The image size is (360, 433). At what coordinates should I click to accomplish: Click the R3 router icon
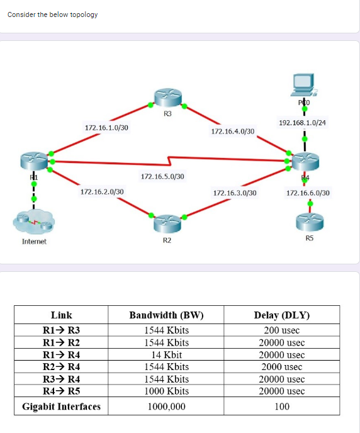coord(167,98)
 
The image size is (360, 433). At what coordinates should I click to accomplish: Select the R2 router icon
coord(167,221)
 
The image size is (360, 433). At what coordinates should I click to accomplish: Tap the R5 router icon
coord(309,221)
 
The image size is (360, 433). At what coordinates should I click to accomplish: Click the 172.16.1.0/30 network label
coord(106,128)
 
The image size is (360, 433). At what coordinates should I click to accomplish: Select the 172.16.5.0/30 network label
coord(162,176)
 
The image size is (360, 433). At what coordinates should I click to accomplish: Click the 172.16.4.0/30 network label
coord(233,132)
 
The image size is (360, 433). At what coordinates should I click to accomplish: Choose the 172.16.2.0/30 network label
coord(102,191)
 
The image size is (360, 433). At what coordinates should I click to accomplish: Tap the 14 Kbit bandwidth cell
coord(166,355)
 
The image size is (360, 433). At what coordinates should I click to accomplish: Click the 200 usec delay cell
coord(282,330)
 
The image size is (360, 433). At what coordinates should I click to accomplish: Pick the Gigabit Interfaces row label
coord(61,407)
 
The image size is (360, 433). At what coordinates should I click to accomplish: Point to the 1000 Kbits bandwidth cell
coord(166,391)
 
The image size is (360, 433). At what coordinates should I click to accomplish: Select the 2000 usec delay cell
coord(282,366)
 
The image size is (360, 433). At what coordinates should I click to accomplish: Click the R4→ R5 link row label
coord(61,391)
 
